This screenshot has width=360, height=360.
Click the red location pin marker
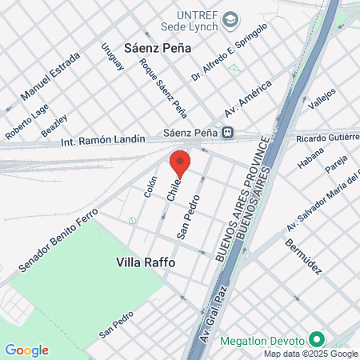[181, 162]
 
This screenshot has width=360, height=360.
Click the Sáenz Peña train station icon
[229, 133]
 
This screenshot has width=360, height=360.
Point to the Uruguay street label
[113, 55]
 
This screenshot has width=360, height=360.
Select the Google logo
[26, 350]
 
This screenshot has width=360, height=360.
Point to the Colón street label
[150, 186]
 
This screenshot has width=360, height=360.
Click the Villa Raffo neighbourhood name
[146, 262]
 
